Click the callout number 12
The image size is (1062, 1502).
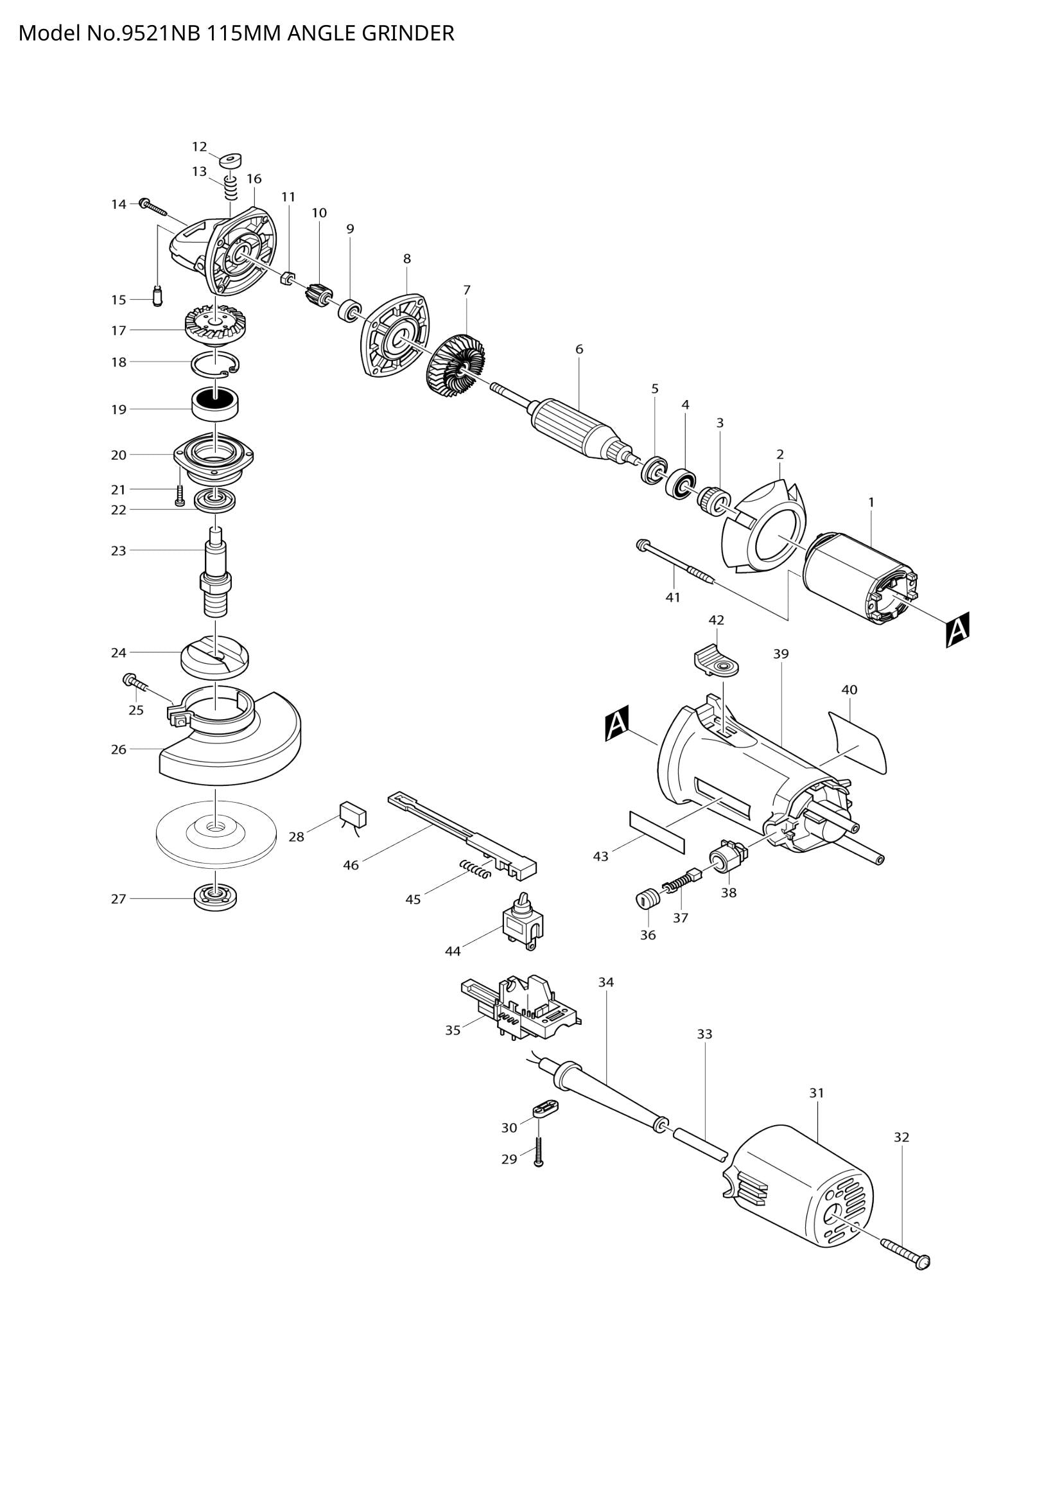pos(199,146)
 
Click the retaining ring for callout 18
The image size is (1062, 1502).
pos(215,365)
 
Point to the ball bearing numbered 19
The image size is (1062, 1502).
pos(215,404)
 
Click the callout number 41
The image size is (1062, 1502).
pos(673,597)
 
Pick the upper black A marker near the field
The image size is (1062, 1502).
pos(957,629)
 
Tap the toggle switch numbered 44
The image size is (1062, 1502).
pos(521,923)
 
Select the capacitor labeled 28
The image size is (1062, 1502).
pos(353,816)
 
